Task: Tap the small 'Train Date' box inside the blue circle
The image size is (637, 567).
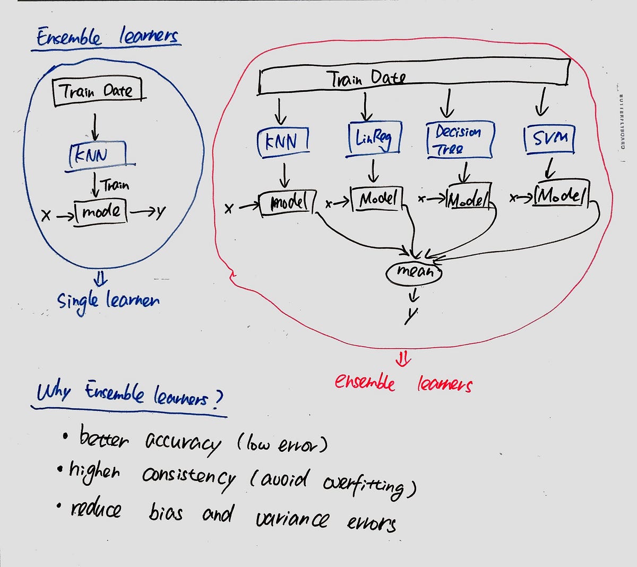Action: (x=99, y=91)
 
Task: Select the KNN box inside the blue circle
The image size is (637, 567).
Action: (x=97, y=154)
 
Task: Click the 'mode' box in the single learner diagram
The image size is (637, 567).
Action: (x=101, y=212)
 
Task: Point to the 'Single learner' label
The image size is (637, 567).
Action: (x=108, y=301)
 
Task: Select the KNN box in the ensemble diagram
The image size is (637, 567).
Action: (x=282, y=142)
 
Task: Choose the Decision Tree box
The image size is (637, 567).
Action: (x=459, y=140)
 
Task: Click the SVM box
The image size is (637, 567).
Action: (x=549, y=139)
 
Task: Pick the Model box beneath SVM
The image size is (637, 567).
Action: (x=562, y=196)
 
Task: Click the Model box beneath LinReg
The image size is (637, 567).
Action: (x=376, y=199)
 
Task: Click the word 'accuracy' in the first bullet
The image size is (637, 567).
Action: (x=183, y=442)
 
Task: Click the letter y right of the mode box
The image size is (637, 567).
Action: (x=159, y=212)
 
